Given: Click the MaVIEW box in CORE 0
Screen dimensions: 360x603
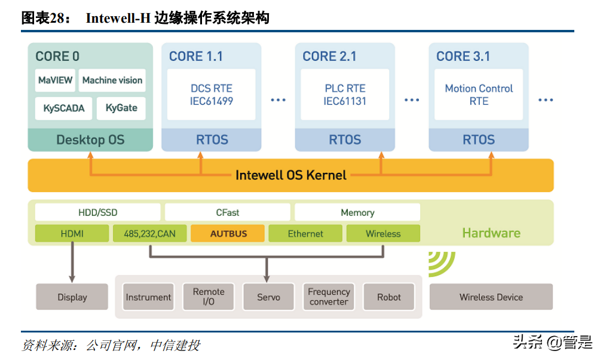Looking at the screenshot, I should click(55, 81).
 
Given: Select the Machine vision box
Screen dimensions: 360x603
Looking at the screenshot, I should click(112, 81).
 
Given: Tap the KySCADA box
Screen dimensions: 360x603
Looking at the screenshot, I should click(64, 108).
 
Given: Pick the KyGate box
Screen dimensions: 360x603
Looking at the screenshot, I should click(121, 108).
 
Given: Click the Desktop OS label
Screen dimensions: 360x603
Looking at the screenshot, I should click(90, 140).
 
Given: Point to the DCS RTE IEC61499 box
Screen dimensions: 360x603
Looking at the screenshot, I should click(212, 95).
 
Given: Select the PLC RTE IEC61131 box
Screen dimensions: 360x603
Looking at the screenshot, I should click(345, 95).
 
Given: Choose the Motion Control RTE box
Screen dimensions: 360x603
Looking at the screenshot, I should click(479, 95).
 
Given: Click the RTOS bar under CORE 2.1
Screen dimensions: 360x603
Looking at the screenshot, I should click(345, 140).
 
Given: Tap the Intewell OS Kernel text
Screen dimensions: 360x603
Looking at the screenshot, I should click(291, 175).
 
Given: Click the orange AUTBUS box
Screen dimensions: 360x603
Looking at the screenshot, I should click(228, 234).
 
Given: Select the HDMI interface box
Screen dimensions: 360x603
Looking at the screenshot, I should click(72, 234).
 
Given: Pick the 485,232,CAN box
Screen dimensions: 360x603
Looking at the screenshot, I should click(149, 234).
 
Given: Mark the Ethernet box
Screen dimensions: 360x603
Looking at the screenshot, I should click(305, 234).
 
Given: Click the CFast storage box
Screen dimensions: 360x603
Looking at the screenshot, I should click(228, 212).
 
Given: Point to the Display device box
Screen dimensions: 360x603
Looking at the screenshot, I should click(72, 297).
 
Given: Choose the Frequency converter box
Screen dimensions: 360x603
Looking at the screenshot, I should click(329, 297).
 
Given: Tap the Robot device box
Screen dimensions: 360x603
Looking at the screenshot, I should click(389, 297).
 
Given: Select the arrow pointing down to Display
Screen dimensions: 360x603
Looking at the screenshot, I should click(72, 263).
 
